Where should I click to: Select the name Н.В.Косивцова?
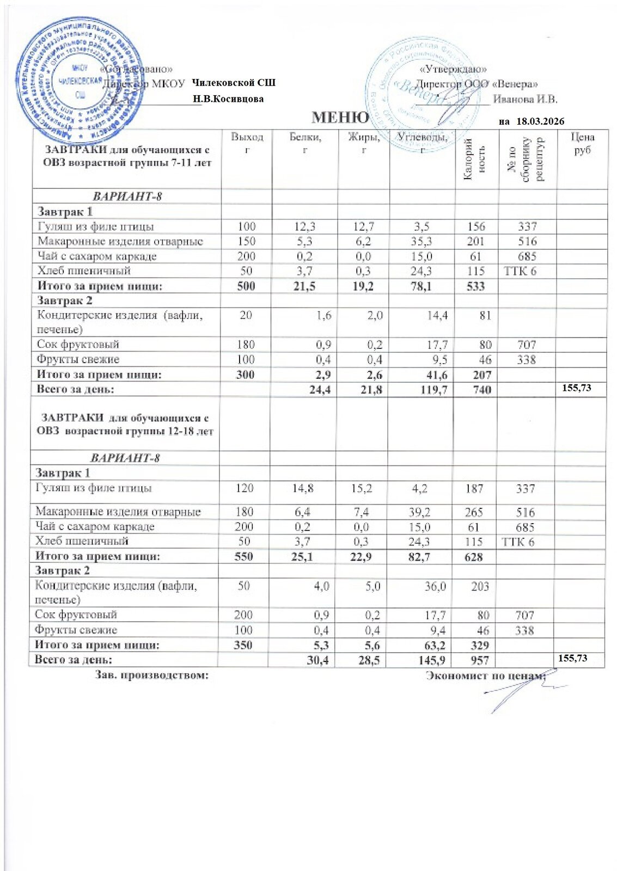pyautogui.click(x=229, y=99)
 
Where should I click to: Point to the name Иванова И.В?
pyautogui.click(x=525, y=99)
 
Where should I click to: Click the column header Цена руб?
pyautogui.click(x=582, y=143)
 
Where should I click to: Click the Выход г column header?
pyautogui.click(x=247, y=143)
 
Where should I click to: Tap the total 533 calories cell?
pyautogui.click(x=475, y=286)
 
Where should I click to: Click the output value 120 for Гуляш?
pyautogui.click(x=245, y=488)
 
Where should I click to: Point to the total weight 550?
pyautogui.click(x=243, y=556)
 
